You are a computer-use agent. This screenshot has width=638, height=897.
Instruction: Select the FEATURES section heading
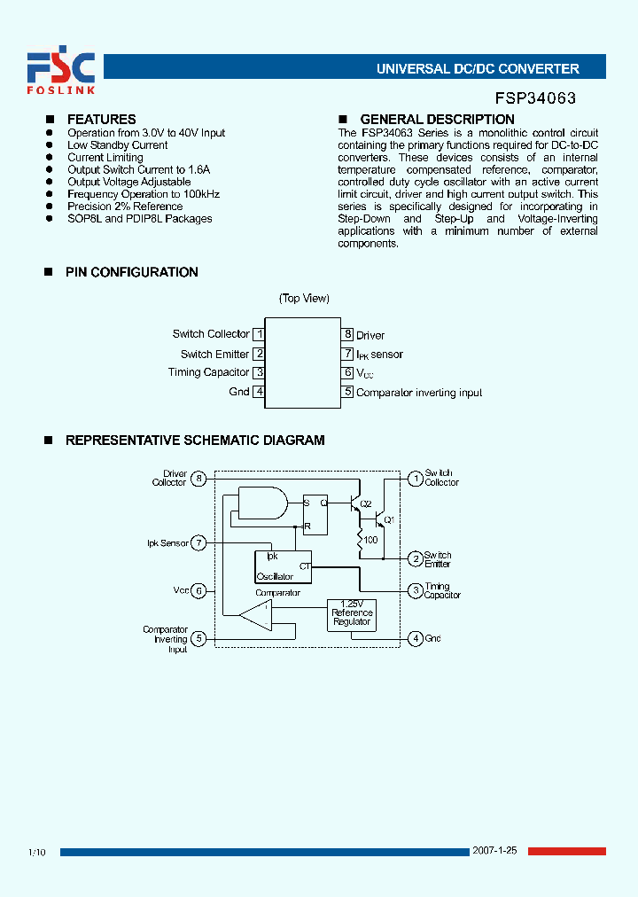tap(102, 120)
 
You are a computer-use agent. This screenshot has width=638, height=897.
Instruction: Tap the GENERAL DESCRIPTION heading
tap(437, 120)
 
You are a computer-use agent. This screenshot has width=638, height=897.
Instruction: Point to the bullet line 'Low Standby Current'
tap(118, 145)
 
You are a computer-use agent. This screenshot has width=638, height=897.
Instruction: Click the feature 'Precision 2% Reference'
tap(125, 207)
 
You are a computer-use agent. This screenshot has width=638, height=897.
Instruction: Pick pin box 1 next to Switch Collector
tap(259, 334)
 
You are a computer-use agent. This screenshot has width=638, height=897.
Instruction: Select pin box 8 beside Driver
tap(348, 334)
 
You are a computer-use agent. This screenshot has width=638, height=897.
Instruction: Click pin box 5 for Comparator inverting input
tap(348, 392)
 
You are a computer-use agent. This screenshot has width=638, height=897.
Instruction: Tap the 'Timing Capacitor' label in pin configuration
tap(209, 372)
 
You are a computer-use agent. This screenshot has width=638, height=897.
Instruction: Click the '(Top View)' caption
tap(304, 299)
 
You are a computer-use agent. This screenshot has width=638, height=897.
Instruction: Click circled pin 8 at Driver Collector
tap(199, 479)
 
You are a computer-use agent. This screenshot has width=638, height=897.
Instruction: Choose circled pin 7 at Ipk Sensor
tap(199, 542)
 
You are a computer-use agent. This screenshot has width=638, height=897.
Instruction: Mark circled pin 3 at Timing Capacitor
tap(415, 590)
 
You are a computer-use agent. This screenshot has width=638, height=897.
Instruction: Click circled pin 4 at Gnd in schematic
tap(415, 638)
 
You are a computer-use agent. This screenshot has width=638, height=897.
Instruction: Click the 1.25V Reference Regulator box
tap(352, 612)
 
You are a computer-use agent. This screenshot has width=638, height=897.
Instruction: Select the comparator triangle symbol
tap(257, 613)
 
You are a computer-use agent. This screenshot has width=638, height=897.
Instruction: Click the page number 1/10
tap(37, 852)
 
